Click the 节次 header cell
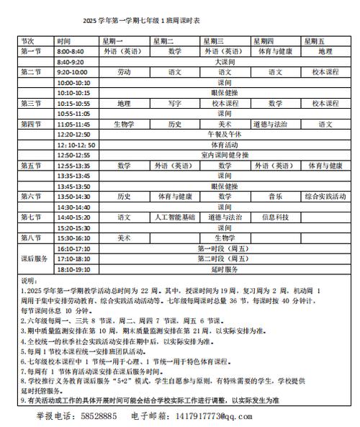tap(29, 42)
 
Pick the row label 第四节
tap(31, 125)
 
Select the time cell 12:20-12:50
tap(74, 135)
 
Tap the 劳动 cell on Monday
tap(124, 73)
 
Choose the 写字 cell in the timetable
tap(174, 104)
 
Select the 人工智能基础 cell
tap(174, 217)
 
